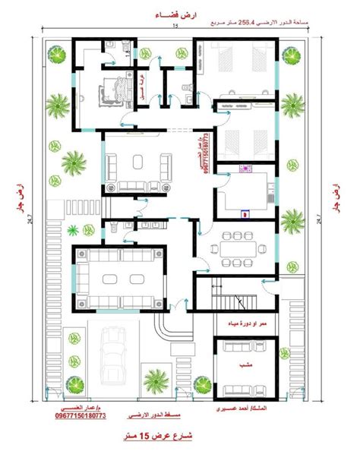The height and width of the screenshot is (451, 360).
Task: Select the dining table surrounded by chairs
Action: click(x=240, y=245)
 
